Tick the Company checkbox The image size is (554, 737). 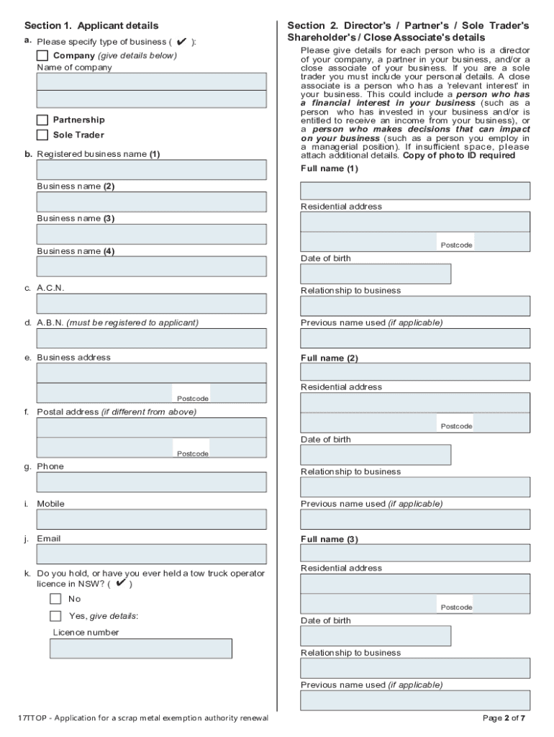point(42,55)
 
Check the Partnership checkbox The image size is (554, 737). point(42,119)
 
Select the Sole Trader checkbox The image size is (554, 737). point(42,135)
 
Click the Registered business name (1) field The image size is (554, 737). point(151,169)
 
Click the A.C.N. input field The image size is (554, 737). point(151,304)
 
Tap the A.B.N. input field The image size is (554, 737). point(151,338)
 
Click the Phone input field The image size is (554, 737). point(151,482)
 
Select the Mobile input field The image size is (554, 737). point(151,520)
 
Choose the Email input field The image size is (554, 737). point(151,554)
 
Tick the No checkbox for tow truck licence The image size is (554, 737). point(55,599)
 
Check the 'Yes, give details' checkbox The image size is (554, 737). point(55,616)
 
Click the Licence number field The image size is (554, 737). point(140,648)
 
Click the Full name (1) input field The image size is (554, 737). point(414,191)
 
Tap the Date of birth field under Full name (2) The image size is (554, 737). point(375,455)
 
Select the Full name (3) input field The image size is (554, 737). point(414,553)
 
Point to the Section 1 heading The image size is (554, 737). point(91,26)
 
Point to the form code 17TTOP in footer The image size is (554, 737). point(32,718)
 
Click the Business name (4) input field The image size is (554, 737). point(151,266)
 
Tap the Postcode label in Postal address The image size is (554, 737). point(192,453)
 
